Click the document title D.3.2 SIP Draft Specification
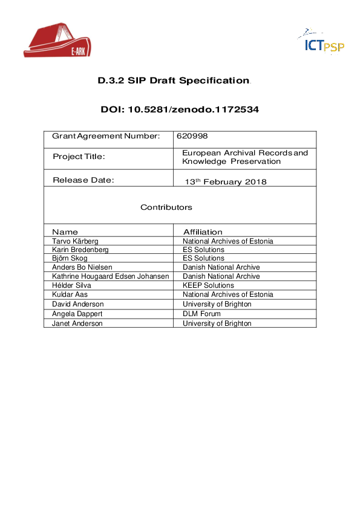pyautogui.click(x=174, y=80)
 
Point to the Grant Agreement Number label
pyautogui.click(x=106, y=136)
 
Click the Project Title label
pyautogui.click(x=79, y=157)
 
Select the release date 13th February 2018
pyautogui.click(x=225, y=181)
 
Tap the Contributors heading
pyautogui.click(x=166, y=207)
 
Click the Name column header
pyautogui.click(x=65, y=232)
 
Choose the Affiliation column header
pyautogui.click(x=203, y=232)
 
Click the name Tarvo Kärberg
pyautogui.click(x=76, y=241)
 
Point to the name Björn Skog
pyautogui.click(x=70, y=258)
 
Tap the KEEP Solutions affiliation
pyautogui.click(x=208, y=285)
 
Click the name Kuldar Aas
pyautogui.click(x=69, y=294)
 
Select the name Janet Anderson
pyautogui.click(x=77, y=323)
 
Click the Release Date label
pyautogui.click(x=83, y=180)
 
